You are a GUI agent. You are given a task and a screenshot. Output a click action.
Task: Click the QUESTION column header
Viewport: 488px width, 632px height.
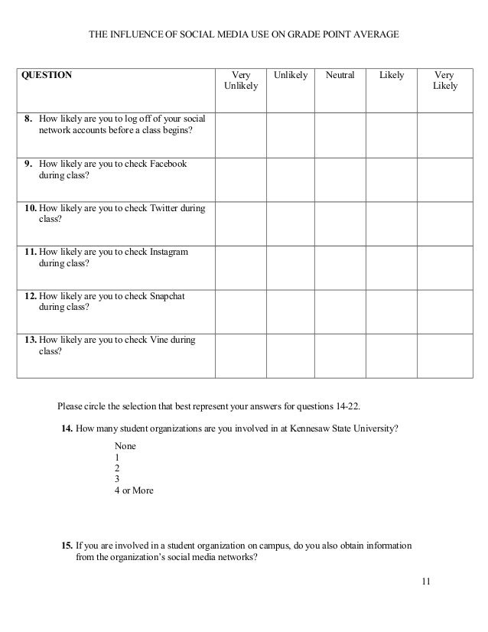click(x=46, y=76)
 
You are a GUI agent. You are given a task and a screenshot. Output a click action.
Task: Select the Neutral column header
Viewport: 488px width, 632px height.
click(x=340, y=76)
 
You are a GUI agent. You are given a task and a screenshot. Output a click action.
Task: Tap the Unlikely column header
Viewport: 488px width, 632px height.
click(x=290, y=76)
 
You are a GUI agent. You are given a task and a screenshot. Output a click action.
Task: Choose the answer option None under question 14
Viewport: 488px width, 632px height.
click(x=125, y=445)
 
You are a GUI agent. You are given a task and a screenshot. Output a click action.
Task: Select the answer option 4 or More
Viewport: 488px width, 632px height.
click(x=133, y=490)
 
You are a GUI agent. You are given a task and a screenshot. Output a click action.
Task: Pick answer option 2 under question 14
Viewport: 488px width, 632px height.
click(x=116, y=467)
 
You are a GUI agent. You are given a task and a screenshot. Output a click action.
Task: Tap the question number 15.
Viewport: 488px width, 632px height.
click(x=67, y=546)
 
